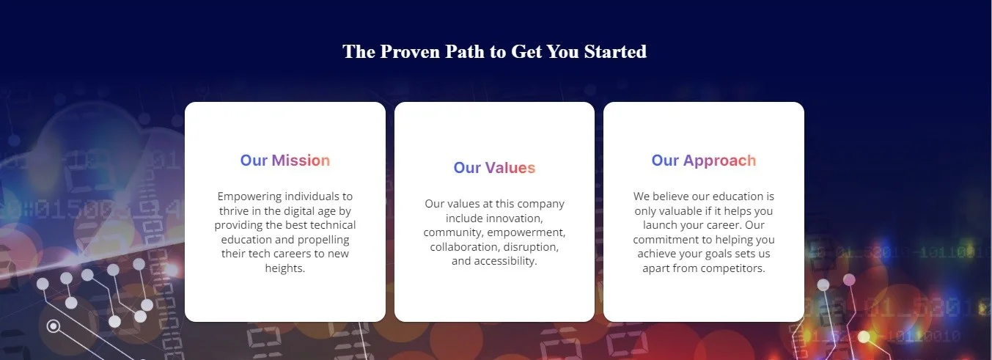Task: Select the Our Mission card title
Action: pyautogui.click(x=285, y=161)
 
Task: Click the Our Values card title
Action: pyautogui.click(x=494, y=168)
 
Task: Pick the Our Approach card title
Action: pyautogui.click(x=704, y=161)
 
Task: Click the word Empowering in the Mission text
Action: pyautogui.click(x=249, y=196)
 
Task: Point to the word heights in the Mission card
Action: pyautogui.click(x=284, y=268)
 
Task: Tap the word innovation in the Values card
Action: pyautogui.click(x=494, y=218)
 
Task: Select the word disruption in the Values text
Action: pyautogui.click(x=531, y=247)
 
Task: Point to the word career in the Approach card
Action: pyautogui.click(x=724, y=225)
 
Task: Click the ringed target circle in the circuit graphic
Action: pyautogui.click(x=54, y=326)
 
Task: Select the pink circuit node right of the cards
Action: pyautogui.click(x=849, y=280)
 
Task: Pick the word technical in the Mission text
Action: pyautogui.click(x=333, y=225)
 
